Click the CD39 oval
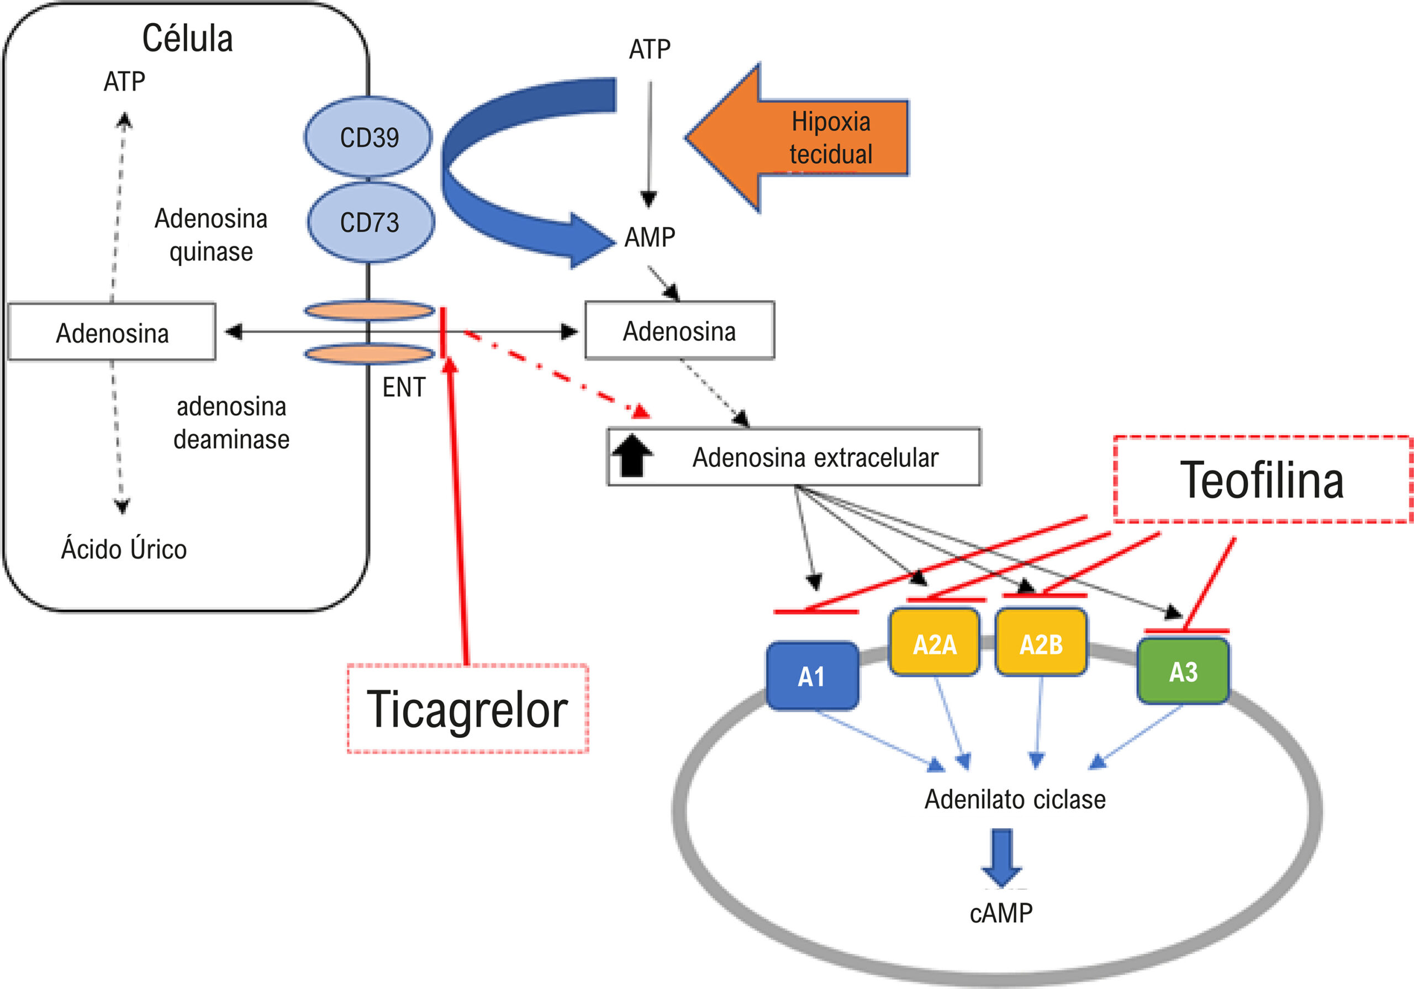pyautogui.click(x=368, y=137)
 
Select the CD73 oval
pyautogui.click(x=371, y=221)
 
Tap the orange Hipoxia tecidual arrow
pyautogui.click(x=798, y=138)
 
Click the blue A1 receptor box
pyautogui.click(x=812, y=676)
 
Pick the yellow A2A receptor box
pyautogui.click(x=934, y=642)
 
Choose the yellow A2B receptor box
pyautogui.click(x=1041, y=642)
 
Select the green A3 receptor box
pyautogui.click(x=1183, y=670)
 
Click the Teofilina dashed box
pyautogui.click(x=1263, y=480)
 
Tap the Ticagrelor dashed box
pyautogui.click(x=468, y=708)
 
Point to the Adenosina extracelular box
pyautogui.click(x=794, y=457)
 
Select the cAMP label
pyautogui.click(x=1001, y=913)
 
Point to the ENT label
pyautogui.click(x=404, y=387)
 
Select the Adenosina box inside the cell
pyautogui.click(x=112, y=331)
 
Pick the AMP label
pyautogui.click(x=650, y=237)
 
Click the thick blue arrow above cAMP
pyautogui.click(x=1001, y=858)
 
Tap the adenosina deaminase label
pyautogui.click(x=231, y=423)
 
